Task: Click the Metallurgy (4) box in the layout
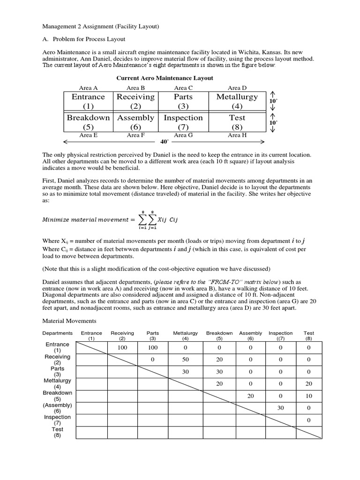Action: click(237, 102)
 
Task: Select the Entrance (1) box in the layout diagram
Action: click(88, 102)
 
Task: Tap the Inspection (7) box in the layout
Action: click(183, 122)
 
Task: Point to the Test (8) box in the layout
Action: click(237, 122)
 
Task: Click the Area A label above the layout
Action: click(88, 88)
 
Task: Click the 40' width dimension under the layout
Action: click(164, 141)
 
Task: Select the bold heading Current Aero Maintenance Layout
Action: click(165, 78)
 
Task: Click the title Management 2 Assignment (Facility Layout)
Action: click(101, 27)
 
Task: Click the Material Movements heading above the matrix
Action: click(69, 321)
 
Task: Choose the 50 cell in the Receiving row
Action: click(186, 360)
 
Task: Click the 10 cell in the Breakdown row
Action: click(309, 396)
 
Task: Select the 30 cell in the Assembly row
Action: click(280, 408)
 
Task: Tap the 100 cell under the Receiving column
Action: click(122, 347)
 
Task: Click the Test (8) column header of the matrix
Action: click(309, 335)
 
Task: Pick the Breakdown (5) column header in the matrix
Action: click(219, 335)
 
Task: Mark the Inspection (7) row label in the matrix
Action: click(57, 420)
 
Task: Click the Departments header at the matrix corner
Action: click(57, 333)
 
